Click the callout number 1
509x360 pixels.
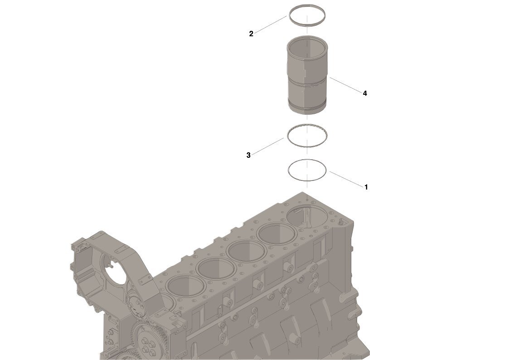pos(366,187)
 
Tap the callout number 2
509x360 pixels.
pos(251,34)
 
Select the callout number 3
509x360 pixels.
pos(248,155)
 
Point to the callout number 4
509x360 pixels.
pos(365,93)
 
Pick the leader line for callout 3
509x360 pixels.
pos(267,146)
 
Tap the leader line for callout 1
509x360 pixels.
pos(346,179)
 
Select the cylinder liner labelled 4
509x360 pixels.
pos(307,75)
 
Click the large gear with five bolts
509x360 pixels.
pos(148,341)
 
